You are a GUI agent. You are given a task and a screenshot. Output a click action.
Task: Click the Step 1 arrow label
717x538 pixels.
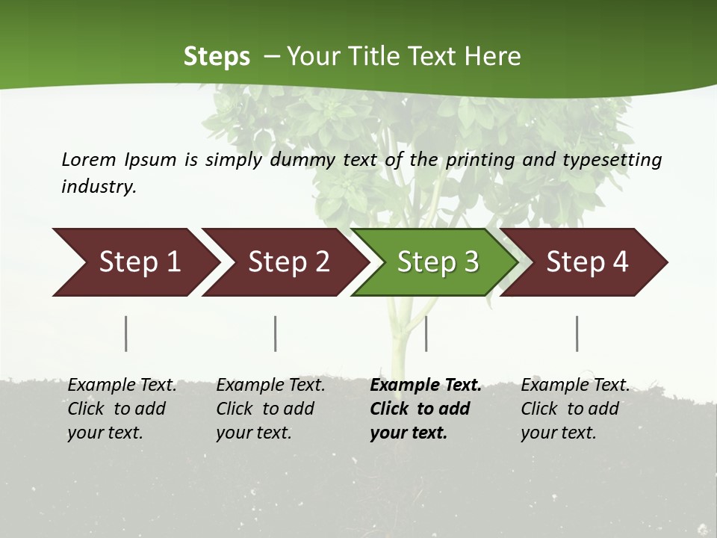click(x=140, y=262)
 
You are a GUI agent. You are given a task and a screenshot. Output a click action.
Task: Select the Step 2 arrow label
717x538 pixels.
click(x=289, y=262)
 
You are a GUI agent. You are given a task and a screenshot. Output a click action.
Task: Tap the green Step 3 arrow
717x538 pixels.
click(x=438, y=262)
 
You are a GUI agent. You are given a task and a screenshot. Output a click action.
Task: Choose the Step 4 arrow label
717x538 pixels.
click(x=587, y=262)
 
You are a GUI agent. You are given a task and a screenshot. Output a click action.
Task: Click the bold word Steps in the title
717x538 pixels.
click(x=217, y=56)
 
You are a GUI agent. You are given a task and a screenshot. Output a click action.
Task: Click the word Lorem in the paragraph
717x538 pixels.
click(x=88, y=159)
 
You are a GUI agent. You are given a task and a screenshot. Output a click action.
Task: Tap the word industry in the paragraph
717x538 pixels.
click(x=99, y=186)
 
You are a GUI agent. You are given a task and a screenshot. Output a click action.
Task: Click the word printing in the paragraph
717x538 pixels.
click(x=477, y=159)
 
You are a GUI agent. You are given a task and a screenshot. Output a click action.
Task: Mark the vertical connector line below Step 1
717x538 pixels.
click(x=126, y=333)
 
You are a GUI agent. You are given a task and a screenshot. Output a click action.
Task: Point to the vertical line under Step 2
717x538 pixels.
click(x=276, y=333)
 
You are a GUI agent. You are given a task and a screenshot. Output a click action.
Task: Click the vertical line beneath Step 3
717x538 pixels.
click(x=426, y=333)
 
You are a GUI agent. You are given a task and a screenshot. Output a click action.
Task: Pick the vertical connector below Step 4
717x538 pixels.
click(x=577, y=333)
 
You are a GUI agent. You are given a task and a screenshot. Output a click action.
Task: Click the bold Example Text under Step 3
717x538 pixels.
click(x=426, y=385)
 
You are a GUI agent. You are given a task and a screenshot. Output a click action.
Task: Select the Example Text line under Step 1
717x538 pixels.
click(x=122, y=385)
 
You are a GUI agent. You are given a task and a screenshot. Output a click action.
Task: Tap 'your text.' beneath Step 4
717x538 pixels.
click(x=558, y=433)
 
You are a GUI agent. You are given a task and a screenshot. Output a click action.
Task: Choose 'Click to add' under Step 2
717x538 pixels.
click(x=265, y=409)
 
